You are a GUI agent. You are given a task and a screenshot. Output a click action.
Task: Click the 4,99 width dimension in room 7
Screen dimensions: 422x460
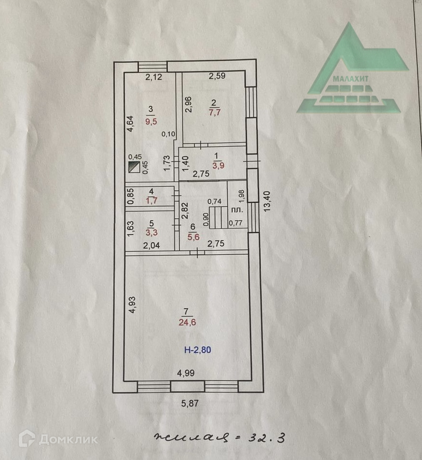tap(187, 373)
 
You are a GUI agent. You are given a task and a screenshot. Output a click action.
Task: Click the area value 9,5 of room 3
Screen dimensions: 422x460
tap(151, 122)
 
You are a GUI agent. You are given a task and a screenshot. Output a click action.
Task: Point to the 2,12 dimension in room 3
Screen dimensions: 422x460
tap(154, 77)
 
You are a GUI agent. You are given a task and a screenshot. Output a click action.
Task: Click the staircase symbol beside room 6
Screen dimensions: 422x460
tap(218, 215)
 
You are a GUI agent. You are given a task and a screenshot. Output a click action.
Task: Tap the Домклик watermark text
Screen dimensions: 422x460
tap(68, 439)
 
